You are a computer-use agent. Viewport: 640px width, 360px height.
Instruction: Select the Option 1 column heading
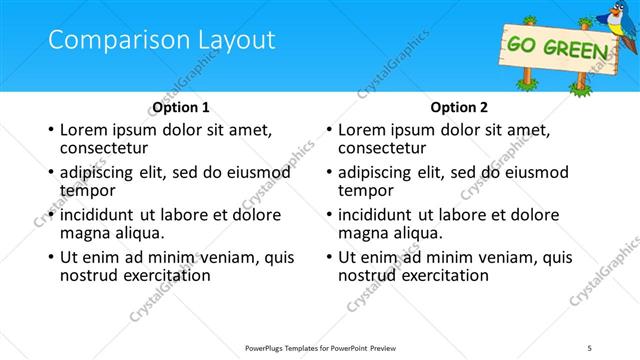pyautogui.click(x=181, y=107)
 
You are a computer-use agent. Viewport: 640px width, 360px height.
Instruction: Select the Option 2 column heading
pyautogui.click(x=459, y=107)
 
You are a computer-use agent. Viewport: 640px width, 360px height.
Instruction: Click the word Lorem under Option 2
pyautogui.click(x=361, y=130)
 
